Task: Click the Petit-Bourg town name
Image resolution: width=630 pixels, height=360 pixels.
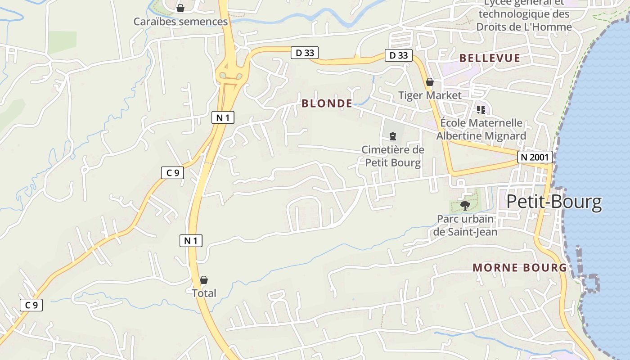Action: (554, 202)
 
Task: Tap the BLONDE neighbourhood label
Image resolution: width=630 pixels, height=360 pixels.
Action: (327, 103)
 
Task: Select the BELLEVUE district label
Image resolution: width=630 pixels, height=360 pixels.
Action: (490, 58)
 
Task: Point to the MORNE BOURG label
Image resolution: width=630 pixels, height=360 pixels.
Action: (519, 267)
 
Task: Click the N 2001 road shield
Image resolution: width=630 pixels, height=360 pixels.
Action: (535, 157)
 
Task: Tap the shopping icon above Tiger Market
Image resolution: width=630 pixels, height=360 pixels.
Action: (430, 82)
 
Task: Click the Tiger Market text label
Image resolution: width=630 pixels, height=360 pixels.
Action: (430, 95)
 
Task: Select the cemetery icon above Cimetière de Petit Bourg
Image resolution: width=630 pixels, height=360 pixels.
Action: (393, 136)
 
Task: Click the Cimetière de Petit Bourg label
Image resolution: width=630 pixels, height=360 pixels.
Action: (393, 156)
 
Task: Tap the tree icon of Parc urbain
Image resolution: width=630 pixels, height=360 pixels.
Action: (465, 206)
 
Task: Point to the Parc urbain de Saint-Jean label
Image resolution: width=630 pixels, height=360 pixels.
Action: (465, 225)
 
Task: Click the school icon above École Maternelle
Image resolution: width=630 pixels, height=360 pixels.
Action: (481, 109)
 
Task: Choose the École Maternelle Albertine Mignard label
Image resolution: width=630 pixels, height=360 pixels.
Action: (481, 129)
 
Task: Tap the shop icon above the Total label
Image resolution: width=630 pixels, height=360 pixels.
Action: (204, 280)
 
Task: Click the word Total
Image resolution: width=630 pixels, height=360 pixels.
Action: (204, 293)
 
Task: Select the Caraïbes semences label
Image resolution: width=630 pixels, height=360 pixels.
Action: (180, 22)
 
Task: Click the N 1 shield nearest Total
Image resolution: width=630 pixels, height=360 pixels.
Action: (191, 241)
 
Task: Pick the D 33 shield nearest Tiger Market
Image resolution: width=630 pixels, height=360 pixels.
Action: (399, 55)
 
